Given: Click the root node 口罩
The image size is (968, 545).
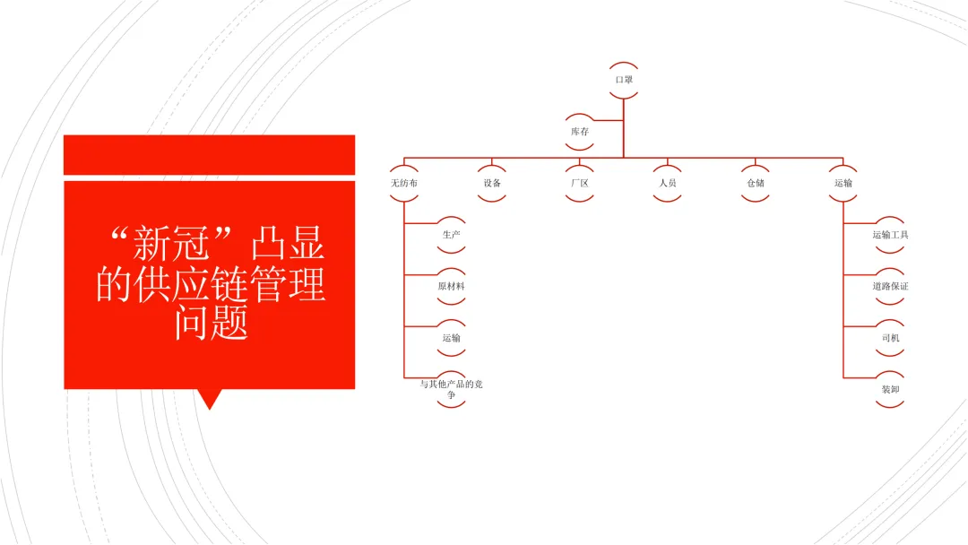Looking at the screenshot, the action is pyautogui.click(x=624, y=80).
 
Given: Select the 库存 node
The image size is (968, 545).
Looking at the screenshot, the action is pyautogui.click(x=580, y=131).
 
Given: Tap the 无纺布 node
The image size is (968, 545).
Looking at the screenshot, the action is pyautogui.click(x=404, y=183).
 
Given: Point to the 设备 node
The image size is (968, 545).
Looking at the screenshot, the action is pyautogui.click(x=492, y=183).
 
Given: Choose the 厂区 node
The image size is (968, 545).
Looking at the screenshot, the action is pyautogui.click(x=580, y=183).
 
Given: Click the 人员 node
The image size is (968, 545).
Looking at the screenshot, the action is pyautogui.click(x=668, y=183).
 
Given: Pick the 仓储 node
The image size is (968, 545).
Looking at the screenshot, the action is pyautogui.click(x=756, y=183).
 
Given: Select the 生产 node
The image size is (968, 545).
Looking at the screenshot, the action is pyautogui.click(x=451, y=235).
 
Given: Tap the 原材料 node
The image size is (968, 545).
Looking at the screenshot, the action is pyautogui.click(x=451, y=287).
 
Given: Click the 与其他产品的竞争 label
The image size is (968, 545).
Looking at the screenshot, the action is pyautogui.click(x=451, y=389).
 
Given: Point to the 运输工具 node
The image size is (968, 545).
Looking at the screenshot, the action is pyautogui.click(x=890, y=235).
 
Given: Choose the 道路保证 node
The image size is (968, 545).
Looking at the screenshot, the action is pyautogui.click(x=890, y=287).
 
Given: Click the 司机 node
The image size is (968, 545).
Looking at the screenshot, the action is pyautogui.click(x=890, y=338).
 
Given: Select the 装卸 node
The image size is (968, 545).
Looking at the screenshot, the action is pyautogui.click(x=890, y=390).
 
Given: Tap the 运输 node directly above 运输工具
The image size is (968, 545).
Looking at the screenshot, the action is pyautogui.click(x=843, y=183).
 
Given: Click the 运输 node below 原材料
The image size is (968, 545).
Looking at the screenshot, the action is pyautogui.click(x=451, y=338).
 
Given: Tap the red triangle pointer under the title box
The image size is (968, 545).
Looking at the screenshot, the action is pyautogui.click(x=210, y=398).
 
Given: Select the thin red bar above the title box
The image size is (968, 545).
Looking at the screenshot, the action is pyautogui.click(x=210, y=154).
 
